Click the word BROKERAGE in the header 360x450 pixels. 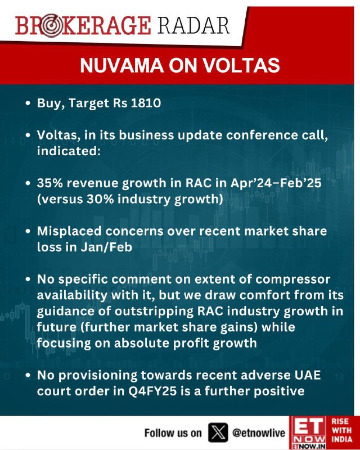click(83, 25)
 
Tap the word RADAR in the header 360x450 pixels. click(193, 25)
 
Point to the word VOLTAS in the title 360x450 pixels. click(241, 65)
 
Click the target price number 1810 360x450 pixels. click(146, 103)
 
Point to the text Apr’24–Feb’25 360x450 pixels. click(276, 183)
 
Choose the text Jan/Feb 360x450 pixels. click(106, 247)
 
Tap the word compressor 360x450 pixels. click(292, 280)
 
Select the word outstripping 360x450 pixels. click(154, 312)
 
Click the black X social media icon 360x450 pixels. click(218, 432)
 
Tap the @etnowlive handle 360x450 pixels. click(258, 433)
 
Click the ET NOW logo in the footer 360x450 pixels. click(308, 433)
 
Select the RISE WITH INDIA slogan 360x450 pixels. click(342, 430)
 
